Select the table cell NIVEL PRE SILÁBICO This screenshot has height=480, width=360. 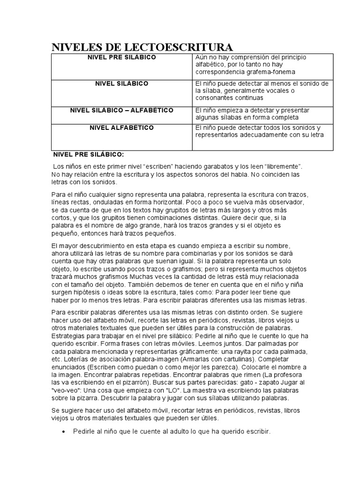tap(121, 57)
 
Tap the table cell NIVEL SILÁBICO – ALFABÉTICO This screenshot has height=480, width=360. tap(121, 110)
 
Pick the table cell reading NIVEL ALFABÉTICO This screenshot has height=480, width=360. tap(121, 127)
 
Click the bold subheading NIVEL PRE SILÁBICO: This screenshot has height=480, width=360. tap(89, 154)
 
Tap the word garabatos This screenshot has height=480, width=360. tap(218, 167)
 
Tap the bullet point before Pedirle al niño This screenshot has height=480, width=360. tap(63, 432)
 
